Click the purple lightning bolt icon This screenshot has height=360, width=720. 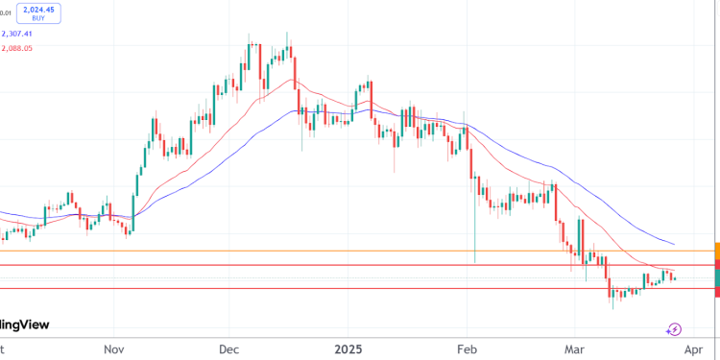675,329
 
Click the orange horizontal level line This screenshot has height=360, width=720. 288,252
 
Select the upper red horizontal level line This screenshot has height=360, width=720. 288,265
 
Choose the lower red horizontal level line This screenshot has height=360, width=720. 288,288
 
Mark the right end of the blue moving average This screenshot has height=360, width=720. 674,245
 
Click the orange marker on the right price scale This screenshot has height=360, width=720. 716,250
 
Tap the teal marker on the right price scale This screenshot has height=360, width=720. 716,277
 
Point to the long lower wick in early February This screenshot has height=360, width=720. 475,230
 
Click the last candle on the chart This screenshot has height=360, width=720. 674,278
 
